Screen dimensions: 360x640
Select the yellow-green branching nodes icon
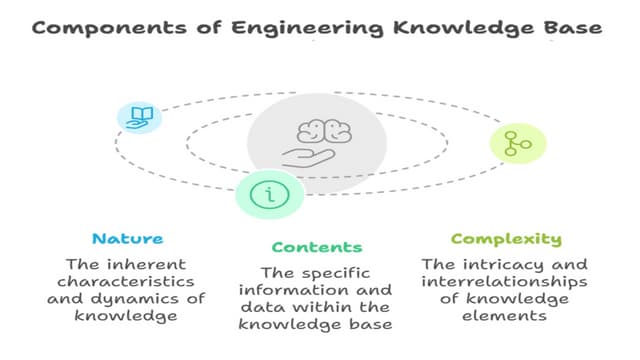[518, 143]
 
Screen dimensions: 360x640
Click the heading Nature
[127, 239]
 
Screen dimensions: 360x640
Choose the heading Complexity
[506, 239]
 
